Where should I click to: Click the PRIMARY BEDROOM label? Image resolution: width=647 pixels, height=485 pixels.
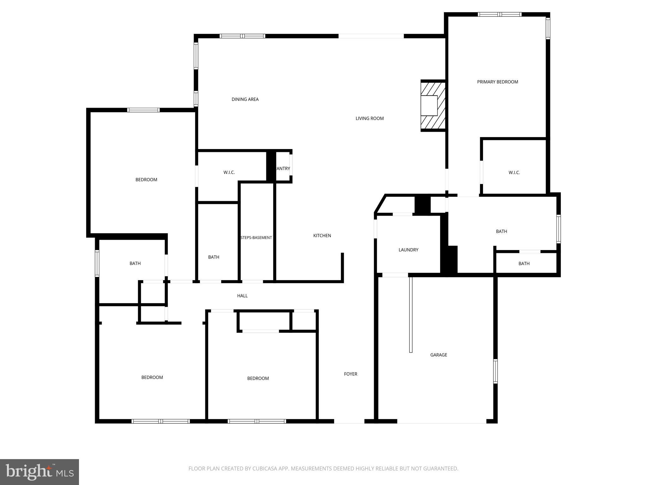[x=497, y=82]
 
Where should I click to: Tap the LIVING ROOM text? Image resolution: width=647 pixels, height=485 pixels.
[x=369, y=118]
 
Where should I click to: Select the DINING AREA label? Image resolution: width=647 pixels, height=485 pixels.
[x=245, y=99]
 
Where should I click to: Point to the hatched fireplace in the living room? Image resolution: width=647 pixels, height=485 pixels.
[x=433, y=105]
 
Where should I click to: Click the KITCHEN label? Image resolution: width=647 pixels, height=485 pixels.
[x=322, y=236]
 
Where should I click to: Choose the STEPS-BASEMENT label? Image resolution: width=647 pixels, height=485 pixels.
[x=256, y=237]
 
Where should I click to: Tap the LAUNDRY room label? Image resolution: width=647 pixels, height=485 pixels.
[x=408, y=250]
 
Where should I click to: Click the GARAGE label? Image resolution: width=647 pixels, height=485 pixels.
[x=438, y=355]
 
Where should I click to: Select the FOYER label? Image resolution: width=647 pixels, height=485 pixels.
[x=350, y=374]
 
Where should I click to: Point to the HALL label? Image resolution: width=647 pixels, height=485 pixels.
[x=242, y=296]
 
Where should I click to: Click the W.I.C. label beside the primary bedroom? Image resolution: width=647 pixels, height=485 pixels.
[x=514, y=172]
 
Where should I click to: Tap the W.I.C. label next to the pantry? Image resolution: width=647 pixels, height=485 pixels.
[x=229, y=172]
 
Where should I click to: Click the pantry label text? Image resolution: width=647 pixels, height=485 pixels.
[x=283, y=169]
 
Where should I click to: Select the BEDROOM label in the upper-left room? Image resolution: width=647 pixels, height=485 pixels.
[x=146, y=180]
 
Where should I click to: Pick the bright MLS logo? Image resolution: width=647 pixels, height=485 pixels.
[x=39, y=472]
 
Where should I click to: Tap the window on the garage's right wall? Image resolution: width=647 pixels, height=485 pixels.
[x=495, y=371]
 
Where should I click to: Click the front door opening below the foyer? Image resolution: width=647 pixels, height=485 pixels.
[x=349, y=421]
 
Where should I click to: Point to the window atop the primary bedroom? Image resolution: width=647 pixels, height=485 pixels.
[x=499, y=14]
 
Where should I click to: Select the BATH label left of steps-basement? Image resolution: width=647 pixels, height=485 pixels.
[x=214, y=257]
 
